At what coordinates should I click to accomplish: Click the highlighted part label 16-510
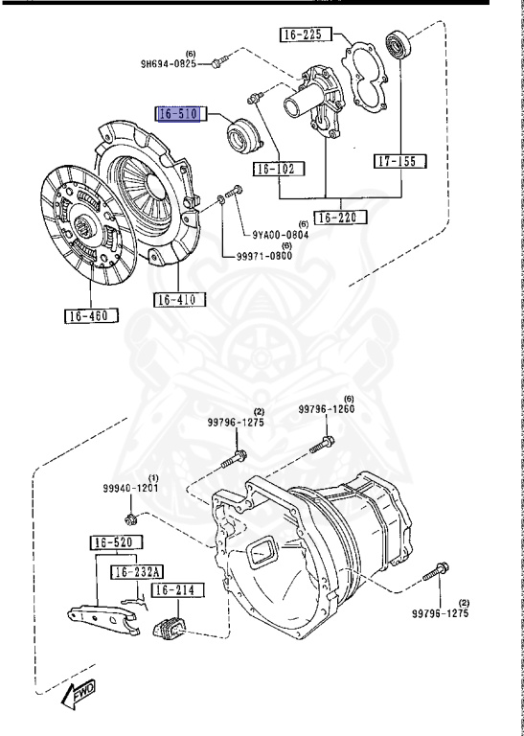(179, 114)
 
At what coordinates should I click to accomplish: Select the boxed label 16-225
(306, 34)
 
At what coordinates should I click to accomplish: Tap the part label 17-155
(400, 161)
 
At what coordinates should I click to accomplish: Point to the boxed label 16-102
(279, 169)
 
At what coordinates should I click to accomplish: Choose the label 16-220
(341, 218)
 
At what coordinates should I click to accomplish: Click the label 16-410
(180, 299)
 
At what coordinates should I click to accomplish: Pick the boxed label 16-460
(91, 316)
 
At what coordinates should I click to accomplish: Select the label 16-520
(116, 543)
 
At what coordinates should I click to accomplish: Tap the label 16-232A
(137, 572)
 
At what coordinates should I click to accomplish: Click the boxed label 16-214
(178, 590)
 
